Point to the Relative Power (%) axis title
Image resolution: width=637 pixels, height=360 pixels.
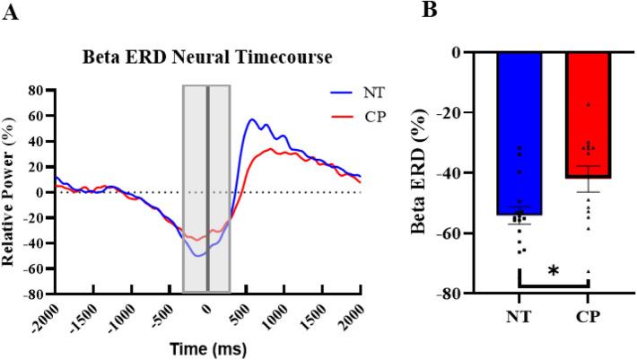[11, 191]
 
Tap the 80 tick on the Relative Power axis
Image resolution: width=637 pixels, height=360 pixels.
[38, 91]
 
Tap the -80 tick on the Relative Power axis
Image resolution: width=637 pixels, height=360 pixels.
[35, 294]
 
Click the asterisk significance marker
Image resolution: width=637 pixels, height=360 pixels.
[554, 270]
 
